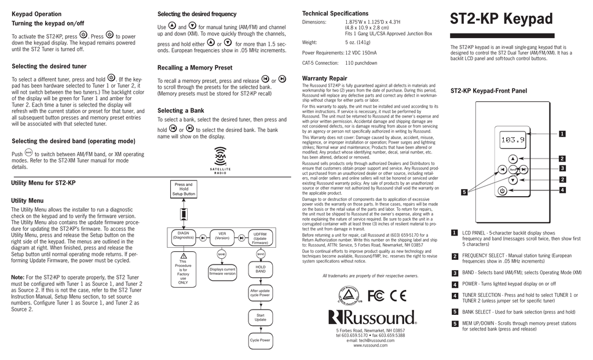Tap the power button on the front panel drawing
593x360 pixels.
502,190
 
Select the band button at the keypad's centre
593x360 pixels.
513,169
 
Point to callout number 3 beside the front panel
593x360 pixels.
562,168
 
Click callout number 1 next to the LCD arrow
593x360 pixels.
562,134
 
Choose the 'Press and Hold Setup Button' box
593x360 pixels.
184,189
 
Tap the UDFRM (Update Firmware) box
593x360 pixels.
260,237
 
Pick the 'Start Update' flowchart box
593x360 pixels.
261,317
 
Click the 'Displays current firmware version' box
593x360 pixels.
222,271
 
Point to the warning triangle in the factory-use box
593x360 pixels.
184,256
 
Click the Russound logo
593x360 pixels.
372,317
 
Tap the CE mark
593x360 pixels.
398,295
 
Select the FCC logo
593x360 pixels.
375,295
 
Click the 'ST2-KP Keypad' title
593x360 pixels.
502,19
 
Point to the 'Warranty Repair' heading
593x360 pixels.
325,78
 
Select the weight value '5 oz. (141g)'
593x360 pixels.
358,42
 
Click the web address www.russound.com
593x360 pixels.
371,346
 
